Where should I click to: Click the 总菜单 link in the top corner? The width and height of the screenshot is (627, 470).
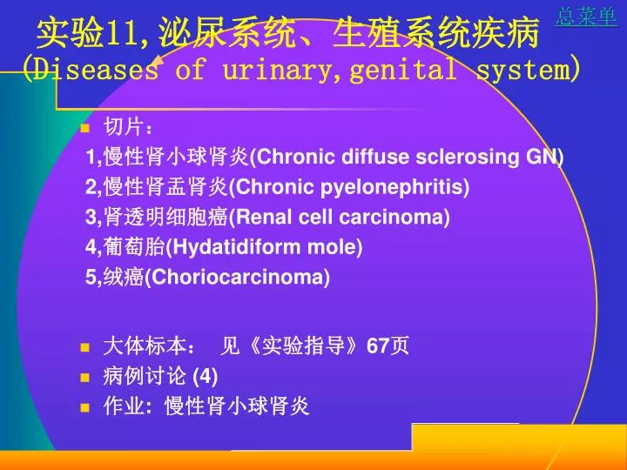tap(586, 17)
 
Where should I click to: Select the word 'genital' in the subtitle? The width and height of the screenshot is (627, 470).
tap(402, 69)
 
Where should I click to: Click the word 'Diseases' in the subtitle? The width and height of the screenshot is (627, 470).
tap(95, 69)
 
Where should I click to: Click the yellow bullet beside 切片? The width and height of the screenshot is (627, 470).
tap(84, 128)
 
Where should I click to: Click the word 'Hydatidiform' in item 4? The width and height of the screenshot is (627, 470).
tap(236, 247)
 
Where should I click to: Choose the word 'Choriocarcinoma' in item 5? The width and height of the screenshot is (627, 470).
tap(237, 277)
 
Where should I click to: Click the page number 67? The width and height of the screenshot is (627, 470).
tap(378, 346)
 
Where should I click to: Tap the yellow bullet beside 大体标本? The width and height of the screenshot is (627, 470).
tap(84, 347)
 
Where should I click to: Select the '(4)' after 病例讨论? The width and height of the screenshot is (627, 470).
tap(206, 377)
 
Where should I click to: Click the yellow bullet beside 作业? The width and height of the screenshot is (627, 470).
tap(84, 407)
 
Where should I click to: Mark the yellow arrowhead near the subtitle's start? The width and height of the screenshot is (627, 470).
tap(158, 64)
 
